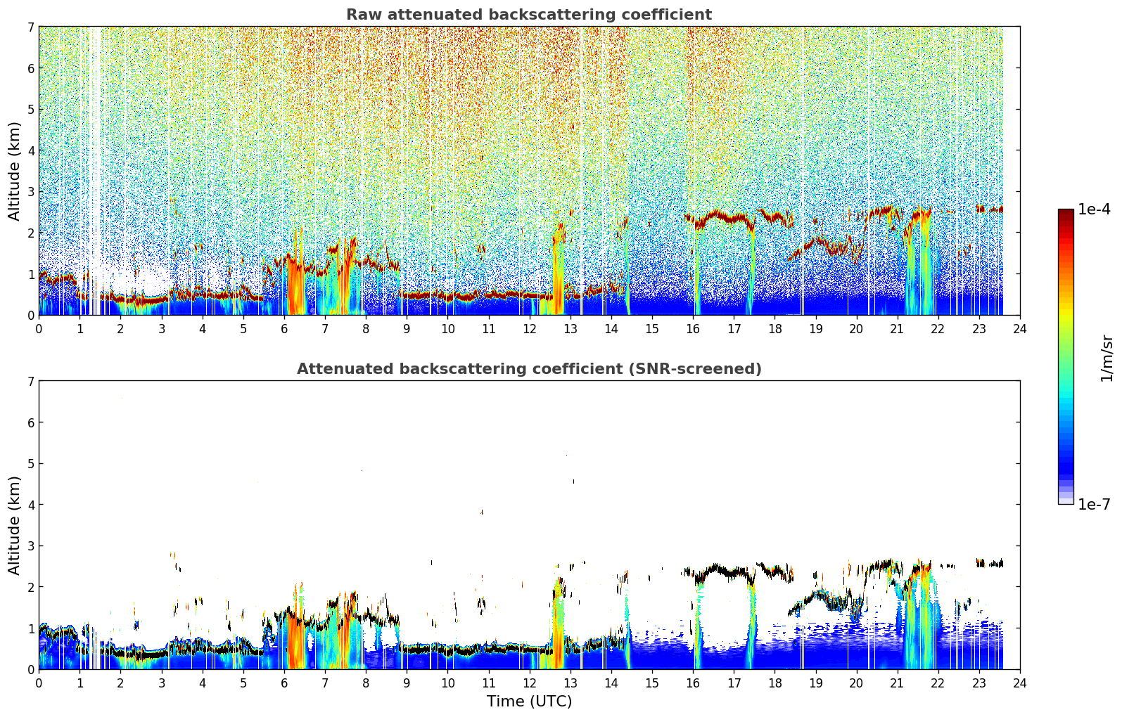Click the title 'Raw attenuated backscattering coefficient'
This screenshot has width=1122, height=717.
[529, 15]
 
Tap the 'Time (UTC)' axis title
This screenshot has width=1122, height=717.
[529, 701]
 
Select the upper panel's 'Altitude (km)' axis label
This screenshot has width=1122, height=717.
[14, 172]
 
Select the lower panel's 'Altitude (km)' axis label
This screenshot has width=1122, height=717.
[14, 525]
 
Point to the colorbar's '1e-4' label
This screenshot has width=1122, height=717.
[1094, 209]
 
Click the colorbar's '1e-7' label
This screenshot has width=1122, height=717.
[1094, 505]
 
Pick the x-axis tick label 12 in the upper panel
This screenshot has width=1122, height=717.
[530, 329]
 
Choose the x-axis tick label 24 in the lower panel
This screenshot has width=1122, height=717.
[1020, 683]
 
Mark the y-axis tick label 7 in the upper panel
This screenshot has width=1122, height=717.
[30, 27]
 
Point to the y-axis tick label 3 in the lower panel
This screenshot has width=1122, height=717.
[30, 545]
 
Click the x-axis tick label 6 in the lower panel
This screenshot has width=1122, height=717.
[284, 683]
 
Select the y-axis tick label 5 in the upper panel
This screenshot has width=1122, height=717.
[30, 109]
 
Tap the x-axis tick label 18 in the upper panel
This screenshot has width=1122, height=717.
[775, 329]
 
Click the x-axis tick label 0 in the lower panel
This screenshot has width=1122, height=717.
[39, 683]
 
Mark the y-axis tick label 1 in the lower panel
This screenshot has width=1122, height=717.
[30, 628]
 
